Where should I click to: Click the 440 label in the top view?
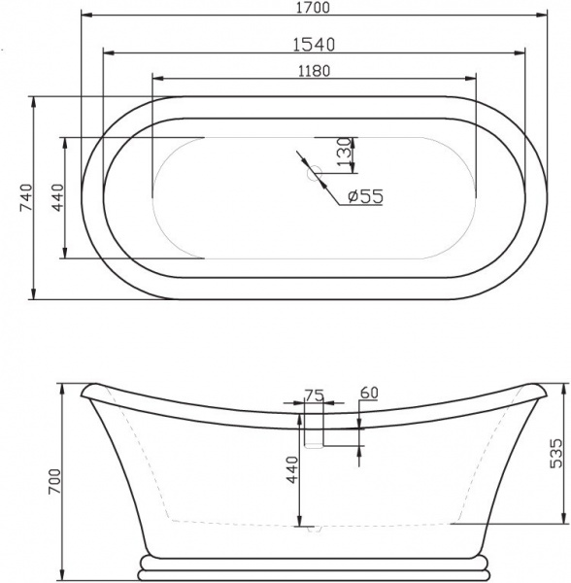click(57, 197)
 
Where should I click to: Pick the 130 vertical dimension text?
click(342, 153)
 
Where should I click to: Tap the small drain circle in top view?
click(314, 175)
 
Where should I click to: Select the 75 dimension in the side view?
click(313, 394)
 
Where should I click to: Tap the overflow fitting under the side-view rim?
click(314, 433)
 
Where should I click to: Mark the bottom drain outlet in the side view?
click(313, 532)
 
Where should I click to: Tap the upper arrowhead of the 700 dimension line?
click(64, 384)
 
